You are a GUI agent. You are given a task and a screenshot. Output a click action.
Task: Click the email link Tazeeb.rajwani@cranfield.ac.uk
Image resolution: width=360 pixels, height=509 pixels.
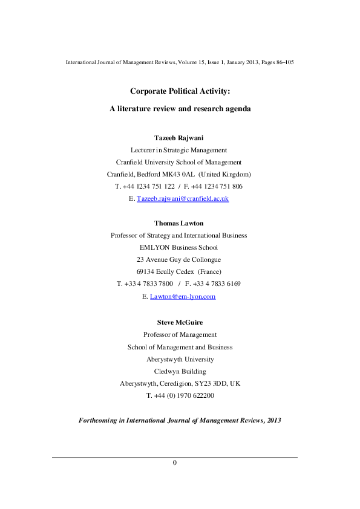click(183, 198)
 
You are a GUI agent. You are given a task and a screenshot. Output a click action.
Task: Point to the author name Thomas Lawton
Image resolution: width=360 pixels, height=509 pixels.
click(180, 223)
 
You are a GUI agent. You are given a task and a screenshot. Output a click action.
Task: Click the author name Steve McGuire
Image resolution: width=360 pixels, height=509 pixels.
click(180, 322)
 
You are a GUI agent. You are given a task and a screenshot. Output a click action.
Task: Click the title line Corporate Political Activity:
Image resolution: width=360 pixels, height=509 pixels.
click(180, 91)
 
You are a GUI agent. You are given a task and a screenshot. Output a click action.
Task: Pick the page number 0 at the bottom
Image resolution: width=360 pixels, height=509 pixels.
click(175, 462)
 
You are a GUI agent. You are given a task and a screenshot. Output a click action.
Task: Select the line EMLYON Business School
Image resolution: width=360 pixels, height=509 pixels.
click(180, 247)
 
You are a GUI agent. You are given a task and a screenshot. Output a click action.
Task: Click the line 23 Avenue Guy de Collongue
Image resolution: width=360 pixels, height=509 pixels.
click(180, 259)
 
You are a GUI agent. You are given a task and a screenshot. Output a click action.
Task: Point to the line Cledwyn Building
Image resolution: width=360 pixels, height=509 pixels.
click(180, 371)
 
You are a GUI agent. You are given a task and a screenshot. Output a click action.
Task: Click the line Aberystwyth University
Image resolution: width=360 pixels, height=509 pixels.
click(180, 359)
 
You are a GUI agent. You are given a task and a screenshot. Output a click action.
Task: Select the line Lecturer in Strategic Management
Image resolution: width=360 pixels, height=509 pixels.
click(180, 150)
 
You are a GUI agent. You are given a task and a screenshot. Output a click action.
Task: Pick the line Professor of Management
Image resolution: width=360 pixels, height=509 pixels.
click(180, 334)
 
